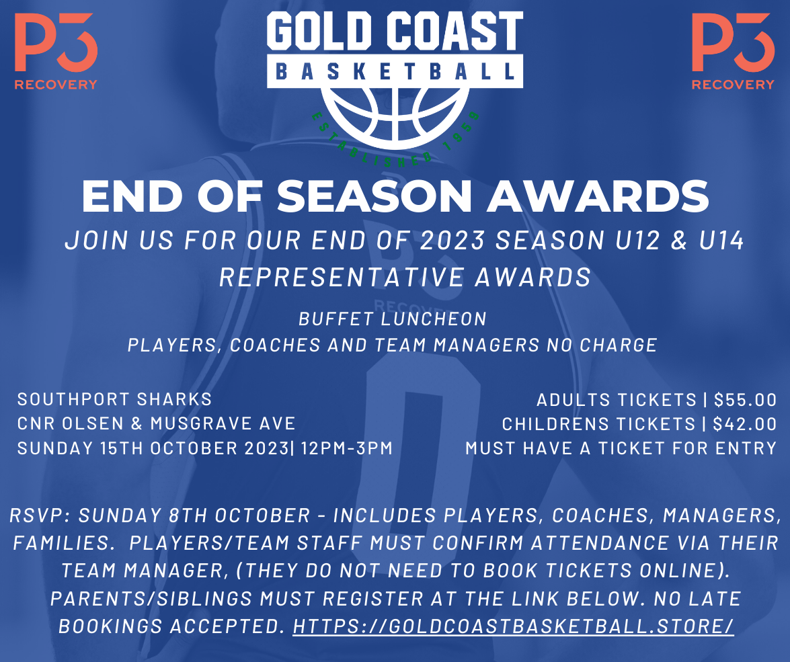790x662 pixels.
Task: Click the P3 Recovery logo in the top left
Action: (x=56, y=52)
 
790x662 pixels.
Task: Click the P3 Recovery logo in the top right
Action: (x=733, y=52)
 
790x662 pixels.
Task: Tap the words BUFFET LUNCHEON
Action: (x=393, y=318)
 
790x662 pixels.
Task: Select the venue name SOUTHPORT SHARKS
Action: (x=114, y=399)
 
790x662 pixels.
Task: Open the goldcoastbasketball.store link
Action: (x=513, y=625)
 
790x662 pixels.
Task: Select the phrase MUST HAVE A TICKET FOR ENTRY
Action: (x=621, y=448)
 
